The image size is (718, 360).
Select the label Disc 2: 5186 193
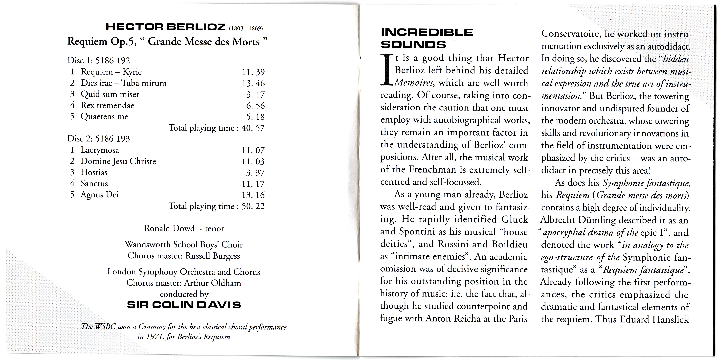(x=99, y=139)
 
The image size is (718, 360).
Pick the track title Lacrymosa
(x=100, y=150)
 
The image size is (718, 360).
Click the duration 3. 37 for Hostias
(x=255, y=173)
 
